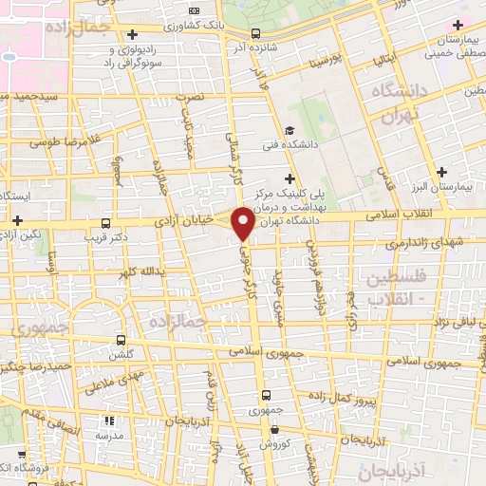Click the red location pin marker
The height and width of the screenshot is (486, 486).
243,221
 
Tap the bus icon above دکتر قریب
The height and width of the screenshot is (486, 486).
104,225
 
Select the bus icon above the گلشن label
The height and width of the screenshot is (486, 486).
121,340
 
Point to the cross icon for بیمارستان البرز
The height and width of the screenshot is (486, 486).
441,172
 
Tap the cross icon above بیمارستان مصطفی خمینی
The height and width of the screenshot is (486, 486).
458,24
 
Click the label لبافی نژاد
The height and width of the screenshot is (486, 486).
457,323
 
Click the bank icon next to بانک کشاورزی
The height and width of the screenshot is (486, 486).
195,9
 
